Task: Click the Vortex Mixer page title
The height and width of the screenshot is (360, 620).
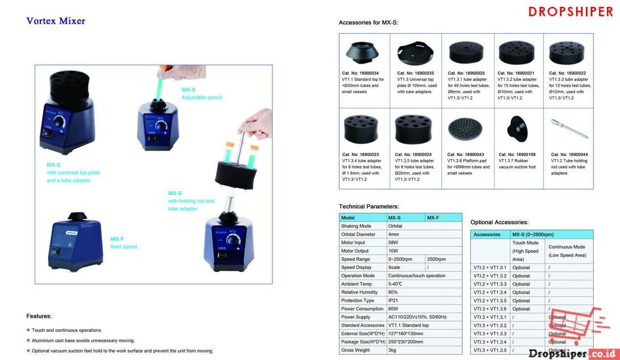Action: [56, 21]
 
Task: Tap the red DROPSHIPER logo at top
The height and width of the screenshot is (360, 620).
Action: [570, 12]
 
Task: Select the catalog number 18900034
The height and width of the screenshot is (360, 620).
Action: [360, 73]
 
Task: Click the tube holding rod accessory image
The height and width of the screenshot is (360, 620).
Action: [569, 128]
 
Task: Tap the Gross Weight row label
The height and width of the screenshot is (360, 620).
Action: [355, 350]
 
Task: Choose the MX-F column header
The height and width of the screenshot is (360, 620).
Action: [433, 218]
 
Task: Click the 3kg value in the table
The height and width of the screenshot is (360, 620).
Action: [393, 350]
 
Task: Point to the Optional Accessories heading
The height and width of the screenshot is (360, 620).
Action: [499, 222]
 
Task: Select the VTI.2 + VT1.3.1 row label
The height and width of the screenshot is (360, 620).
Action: [490, 268]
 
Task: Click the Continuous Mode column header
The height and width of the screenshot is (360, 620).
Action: [566, 251]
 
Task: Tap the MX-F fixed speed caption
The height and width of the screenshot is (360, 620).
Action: [124, 242]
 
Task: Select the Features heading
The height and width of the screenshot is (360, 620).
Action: [39, 316]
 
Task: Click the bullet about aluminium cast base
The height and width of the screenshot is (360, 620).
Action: [83, 340]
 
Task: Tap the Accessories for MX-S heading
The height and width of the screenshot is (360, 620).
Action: [368, 23]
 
